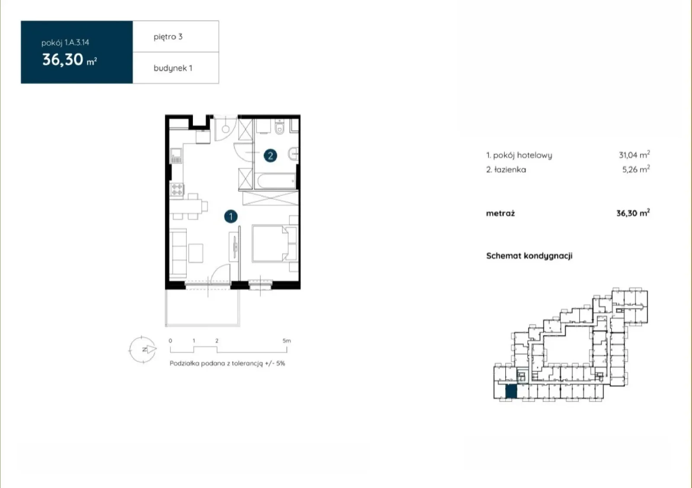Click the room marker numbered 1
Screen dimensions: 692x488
[231, 217]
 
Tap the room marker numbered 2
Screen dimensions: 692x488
[270, 156]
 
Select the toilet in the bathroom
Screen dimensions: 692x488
[279, 127]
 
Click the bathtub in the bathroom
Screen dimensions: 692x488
[275, 181]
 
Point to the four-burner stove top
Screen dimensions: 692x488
[177, 189]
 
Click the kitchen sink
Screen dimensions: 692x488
[176, 156]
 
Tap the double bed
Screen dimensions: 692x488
[270, 244]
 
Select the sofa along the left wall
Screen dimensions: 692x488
[178, 252]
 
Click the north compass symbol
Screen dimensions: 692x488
[142, 349]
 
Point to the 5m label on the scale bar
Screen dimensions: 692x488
[287, 341]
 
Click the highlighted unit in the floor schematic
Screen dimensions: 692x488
[511, 392]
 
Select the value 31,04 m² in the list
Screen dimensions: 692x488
[634, 155]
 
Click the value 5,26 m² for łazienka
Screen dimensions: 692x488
[636, 169]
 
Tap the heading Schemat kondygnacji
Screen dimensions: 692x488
[529, 255]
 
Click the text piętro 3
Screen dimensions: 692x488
[168, 37]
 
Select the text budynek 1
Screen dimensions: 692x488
[173, 68]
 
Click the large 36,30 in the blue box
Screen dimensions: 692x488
[63, 59]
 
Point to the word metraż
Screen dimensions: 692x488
[500, 213]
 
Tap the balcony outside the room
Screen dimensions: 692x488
[202, 307]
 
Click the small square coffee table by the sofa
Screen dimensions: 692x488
[196, 253]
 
